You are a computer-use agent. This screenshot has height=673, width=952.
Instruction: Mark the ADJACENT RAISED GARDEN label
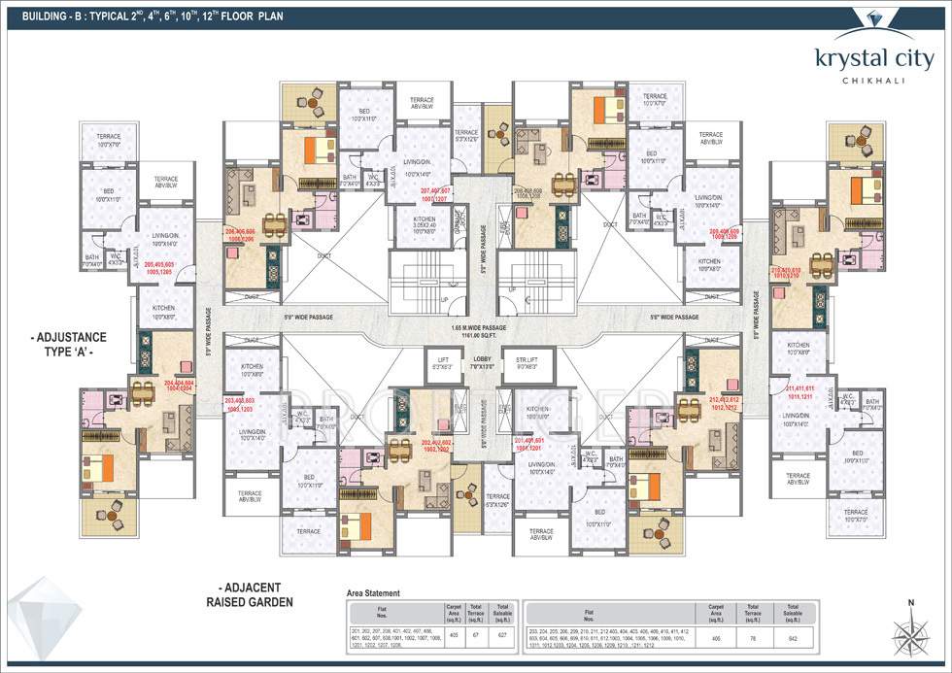point(252,594)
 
